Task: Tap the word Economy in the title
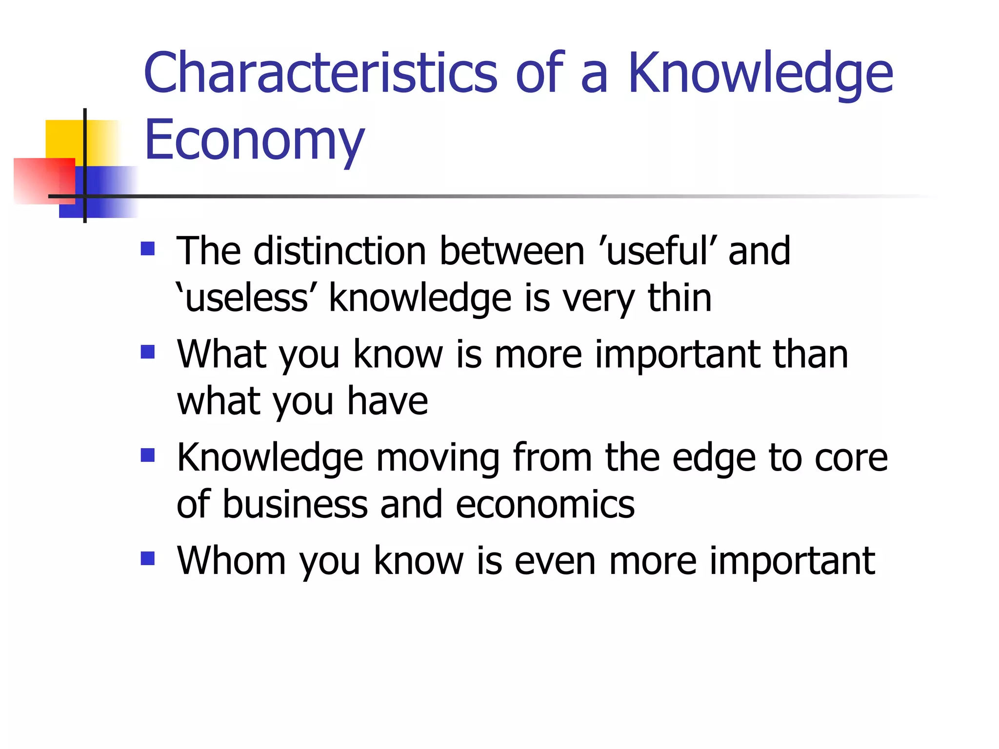tap(254, 140)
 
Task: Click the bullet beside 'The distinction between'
tap(147, 249)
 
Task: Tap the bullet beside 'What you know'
tap(147, 352)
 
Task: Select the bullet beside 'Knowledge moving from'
tap(147, 455)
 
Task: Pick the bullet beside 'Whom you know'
tap(147, 558)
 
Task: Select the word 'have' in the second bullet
tap(387, 401)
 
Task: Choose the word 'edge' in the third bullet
tap(715, 458)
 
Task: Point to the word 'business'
tap(295, 504)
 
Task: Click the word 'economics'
tap(545, 504)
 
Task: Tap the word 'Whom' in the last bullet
tap(231, 561)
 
